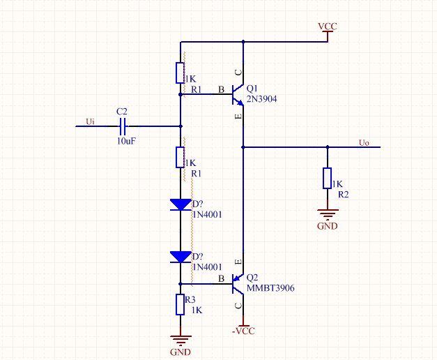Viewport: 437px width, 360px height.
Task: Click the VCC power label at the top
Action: pos(328,27)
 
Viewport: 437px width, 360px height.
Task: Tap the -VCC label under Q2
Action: pos(243,331)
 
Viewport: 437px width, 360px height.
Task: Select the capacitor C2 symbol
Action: pos(123,126)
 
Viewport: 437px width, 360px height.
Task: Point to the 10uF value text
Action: pos(126,141)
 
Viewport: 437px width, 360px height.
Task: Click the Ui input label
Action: pos(90,121)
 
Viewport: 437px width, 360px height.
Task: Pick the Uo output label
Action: pos(364,142)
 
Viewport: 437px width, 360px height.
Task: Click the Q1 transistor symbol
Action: pos(238,95)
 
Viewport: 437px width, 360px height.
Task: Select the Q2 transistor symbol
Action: pos(238,284)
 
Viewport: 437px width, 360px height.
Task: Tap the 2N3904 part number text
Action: pos(261,99)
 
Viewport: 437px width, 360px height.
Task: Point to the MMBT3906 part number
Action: pos(270,288)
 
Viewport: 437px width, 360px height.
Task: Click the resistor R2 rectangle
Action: pos(327,179)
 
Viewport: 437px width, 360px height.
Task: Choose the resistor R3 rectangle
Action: pos(180,304)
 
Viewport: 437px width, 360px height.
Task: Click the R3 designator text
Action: pos(190,300)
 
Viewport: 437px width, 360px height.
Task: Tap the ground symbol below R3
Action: pos(181,341)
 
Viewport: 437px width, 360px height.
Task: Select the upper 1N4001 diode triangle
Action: pos(181,204)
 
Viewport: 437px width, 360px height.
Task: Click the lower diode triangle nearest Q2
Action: pos(181,257)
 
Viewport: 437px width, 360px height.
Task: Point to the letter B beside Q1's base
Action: pos(221,89)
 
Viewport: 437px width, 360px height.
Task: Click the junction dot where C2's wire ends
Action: pos(181,126)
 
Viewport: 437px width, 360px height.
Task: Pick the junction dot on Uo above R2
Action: pos(328,147)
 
